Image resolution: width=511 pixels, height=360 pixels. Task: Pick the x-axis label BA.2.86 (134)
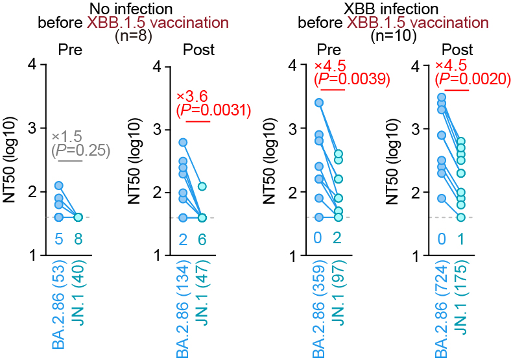[x=183, y=309]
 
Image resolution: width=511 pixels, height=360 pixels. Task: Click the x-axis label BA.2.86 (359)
[x=318, y=309]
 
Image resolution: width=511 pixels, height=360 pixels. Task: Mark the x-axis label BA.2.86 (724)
[x=442, y=309]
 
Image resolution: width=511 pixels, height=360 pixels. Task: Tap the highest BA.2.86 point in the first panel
[x=58, y=186]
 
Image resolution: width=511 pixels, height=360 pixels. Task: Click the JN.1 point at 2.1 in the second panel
[x=202, y=186]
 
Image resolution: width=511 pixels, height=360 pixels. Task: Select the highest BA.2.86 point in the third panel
[x=318, y=102]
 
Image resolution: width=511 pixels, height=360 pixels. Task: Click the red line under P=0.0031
[x=198, y=121]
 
